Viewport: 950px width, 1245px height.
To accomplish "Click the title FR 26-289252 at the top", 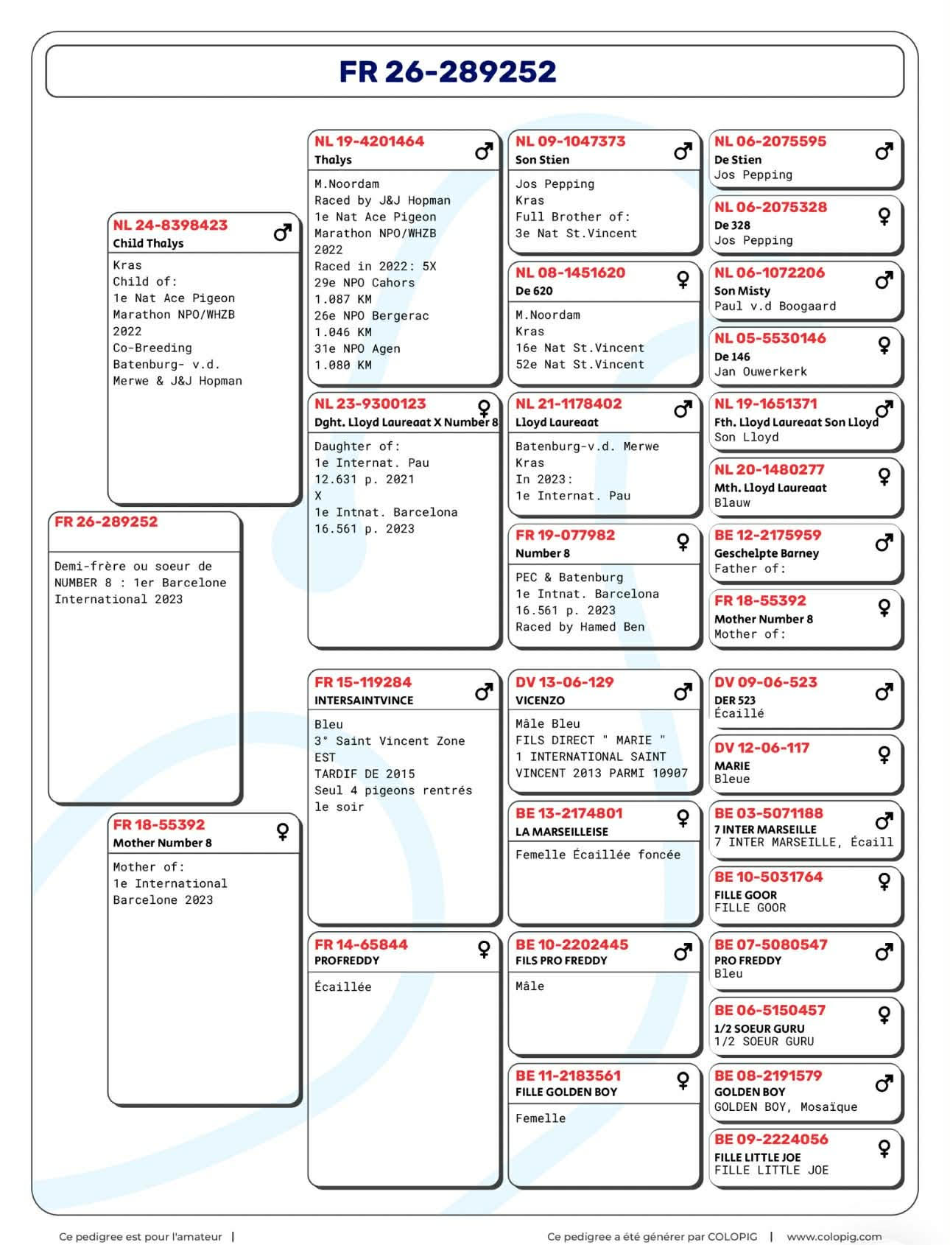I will [448, 71].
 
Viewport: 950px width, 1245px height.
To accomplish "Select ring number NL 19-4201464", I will [369, 141].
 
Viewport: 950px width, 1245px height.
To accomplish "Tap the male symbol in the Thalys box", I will [484, 152].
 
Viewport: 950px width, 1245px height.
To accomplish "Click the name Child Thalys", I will [148, 243].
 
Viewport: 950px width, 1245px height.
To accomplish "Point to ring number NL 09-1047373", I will [570, 141].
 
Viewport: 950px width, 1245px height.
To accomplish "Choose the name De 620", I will [534, 291].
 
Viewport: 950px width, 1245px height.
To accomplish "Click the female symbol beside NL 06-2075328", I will [884, 216].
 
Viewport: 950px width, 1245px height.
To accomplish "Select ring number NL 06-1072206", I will [770, 273].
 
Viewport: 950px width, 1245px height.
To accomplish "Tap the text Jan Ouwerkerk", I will [760, 372].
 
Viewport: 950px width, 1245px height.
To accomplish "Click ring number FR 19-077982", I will [565, 536].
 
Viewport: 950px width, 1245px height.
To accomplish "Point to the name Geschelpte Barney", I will [766, 553].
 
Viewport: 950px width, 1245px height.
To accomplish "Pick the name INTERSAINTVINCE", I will [364, 701].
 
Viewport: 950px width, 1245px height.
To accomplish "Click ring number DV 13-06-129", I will [564, 683].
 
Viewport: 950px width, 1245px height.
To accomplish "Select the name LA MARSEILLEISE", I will [562, 832].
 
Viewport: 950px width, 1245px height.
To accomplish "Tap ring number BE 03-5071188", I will [768, 814].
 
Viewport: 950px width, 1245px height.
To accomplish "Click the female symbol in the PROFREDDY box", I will [484, 950].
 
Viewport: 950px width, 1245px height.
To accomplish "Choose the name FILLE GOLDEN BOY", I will [566, 1093].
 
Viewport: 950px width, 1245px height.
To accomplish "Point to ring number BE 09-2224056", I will [770, 1140].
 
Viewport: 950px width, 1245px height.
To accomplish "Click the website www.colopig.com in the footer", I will [834, 1237].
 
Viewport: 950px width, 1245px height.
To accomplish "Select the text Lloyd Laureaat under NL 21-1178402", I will [557, 422].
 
